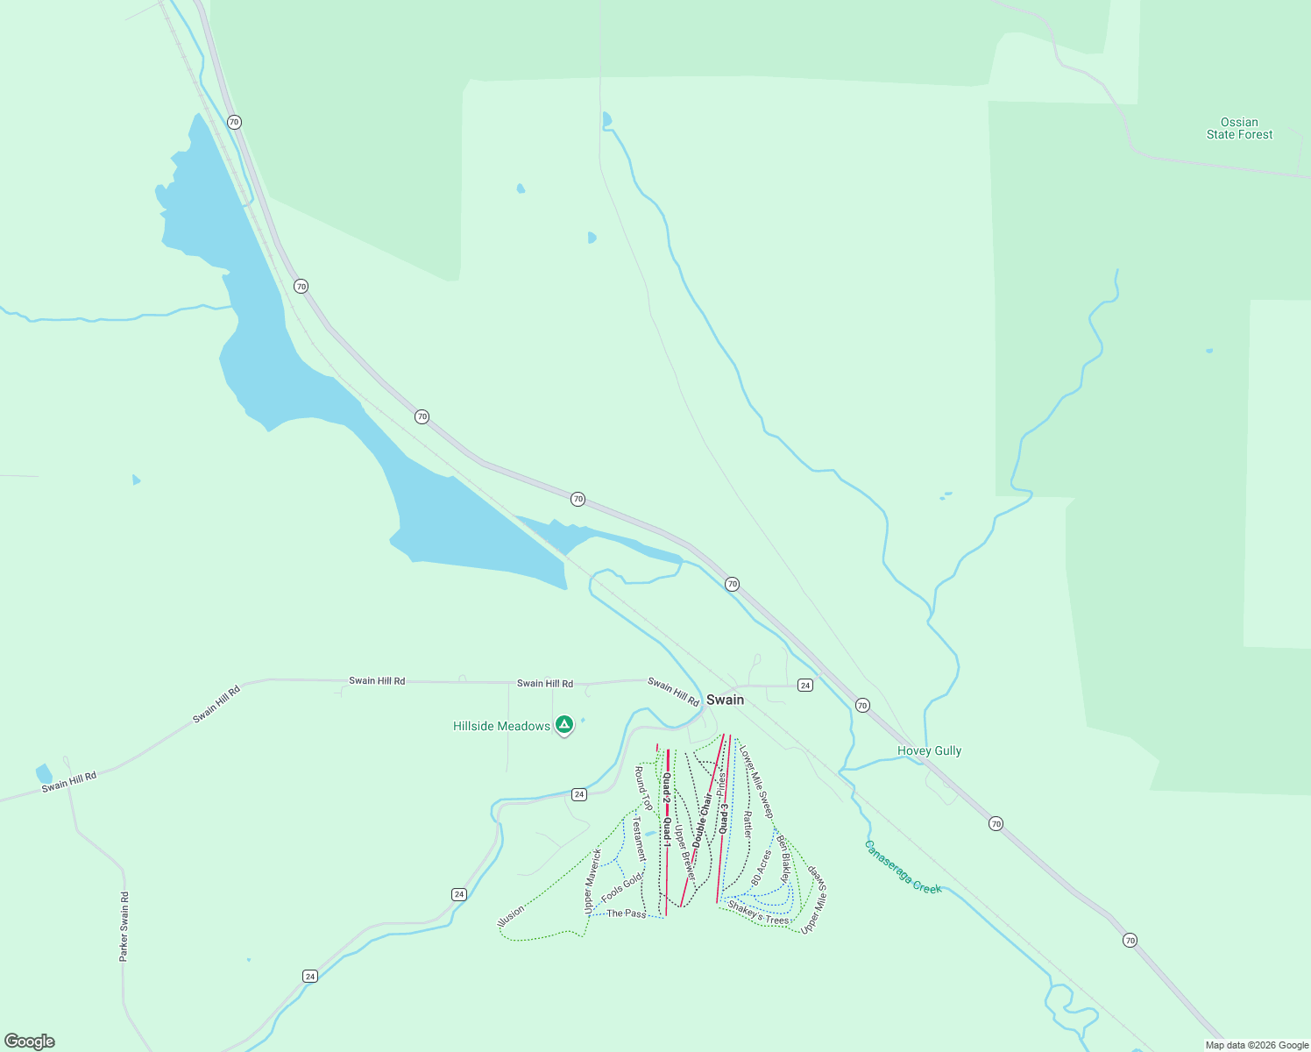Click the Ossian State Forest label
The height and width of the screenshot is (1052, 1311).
(x=1239, y=128)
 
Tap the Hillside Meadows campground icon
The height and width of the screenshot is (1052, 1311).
(x=564, y=725)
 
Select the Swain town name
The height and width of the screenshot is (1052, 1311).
(x=725, y=700)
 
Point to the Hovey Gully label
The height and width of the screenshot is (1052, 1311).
(x=929, y=750)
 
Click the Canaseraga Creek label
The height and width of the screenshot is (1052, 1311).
(x=903, y=867)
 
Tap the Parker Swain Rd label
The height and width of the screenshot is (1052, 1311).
(x=124, y=927)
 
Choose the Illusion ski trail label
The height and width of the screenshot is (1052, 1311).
(x=510, y=916)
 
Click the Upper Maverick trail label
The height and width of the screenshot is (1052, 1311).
(x=592, y=880)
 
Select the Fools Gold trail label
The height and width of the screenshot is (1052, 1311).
(x=622, y=887)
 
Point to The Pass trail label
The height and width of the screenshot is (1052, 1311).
(x=626, y=913)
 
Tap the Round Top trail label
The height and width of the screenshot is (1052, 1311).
(x=642, y=787)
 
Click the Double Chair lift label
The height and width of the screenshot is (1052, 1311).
(x=702, y=820)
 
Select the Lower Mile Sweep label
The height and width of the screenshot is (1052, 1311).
(x=756, y=782)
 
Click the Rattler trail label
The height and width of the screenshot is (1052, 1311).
(x=748, y=823)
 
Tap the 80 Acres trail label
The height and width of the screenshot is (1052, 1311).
(x=761, y=866)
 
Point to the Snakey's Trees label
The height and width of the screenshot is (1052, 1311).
(x=758, y=913)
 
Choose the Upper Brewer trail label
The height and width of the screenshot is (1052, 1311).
(x=684, y=852)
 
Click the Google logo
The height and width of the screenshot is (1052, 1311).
(x=30, y=1041)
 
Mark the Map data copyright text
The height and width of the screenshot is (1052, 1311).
(x=1257, y=1045)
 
